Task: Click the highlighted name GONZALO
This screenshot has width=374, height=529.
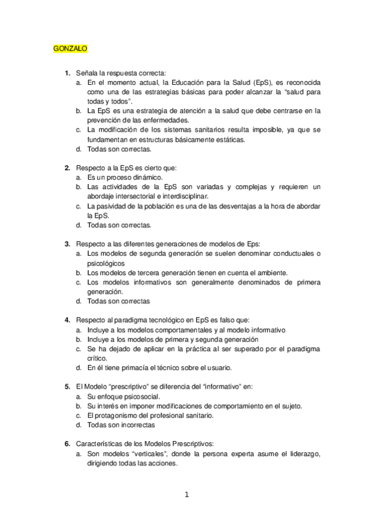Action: (x=70, y=48)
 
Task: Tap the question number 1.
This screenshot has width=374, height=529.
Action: (x=67, y=74)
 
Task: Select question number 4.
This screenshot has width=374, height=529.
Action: (x=67, y=320)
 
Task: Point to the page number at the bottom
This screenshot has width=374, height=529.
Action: (x=186, y=495)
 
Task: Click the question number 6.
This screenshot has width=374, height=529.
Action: (x=67, y=444)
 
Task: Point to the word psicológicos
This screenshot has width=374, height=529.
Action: (x=106, y=263)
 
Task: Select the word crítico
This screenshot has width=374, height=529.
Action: (x=97, y=358)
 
